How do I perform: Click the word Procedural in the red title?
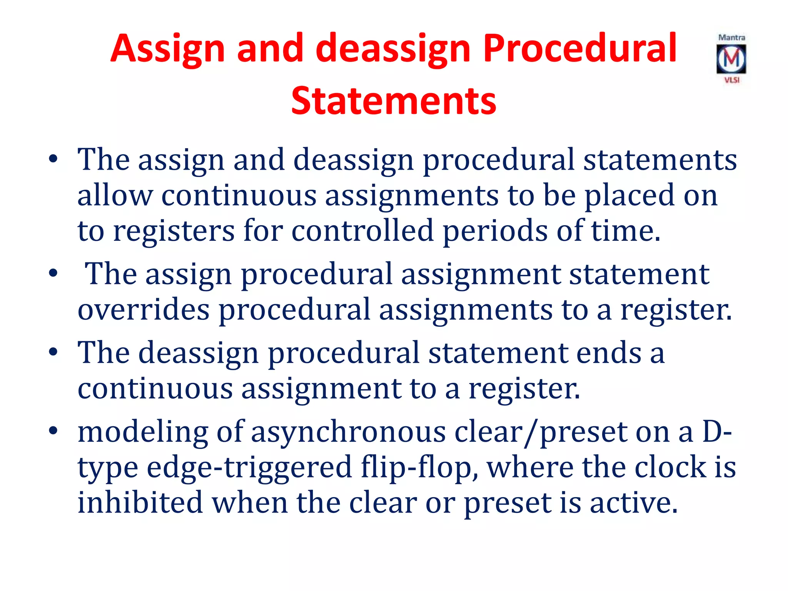coord(579,49)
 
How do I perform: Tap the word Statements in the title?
coord(394,101)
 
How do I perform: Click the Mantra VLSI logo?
coord(731,59)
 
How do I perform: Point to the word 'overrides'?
coord(143,310)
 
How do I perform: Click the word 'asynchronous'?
coord(348,432)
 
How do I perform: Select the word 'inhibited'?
coord(140,503)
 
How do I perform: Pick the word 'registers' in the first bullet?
coord(174,231)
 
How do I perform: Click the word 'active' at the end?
coord(633,503)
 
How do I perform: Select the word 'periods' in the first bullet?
coord(495,231)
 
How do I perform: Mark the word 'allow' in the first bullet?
coord(115,195)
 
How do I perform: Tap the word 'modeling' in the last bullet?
coord(142,432)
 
